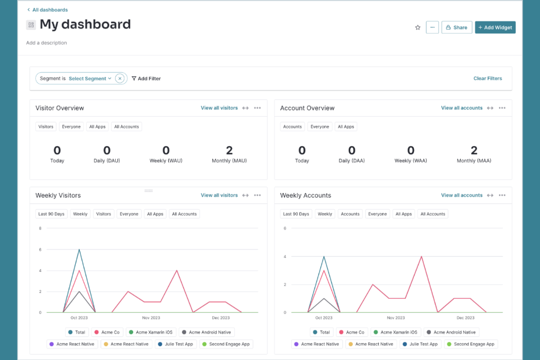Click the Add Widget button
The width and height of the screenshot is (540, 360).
click(495, 27)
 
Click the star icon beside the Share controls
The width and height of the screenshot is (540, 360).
click(417, 27)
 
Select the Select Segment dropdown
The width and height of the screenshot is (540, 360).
click(90, 79)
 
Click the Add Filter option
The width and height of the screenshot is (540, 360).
click(146, 79)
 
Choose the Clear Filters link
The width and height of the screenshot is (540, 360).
click(487, 79)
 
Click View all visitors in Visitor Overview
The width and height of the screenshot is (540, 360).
click(219, 108)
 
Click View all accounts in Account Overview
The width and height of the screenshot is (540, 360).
click(461, 108)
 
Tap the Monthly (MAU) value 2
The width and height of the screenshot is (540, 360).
click(229, 151)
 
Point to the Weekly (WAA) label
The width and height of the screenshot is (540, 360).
click(410, 161)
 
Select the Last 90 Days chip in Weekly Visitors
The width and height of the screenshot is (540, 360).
click(51, 214)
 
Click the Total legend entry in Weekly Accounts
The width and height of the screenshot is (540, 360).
click(321, 332)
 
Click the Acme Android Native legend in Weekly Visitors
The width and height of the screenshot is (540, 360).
click(206, 332)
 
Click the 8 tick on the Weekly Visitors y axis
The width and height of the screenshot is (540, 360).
click(40, 228)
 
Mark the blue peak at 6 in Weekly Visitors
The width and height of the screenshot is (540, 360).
click(79, 250)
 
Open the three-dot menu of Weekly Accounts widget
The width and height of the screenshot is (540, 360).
click(502, 195)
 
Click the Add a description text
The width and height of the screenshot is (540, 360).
click(46, 43)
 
